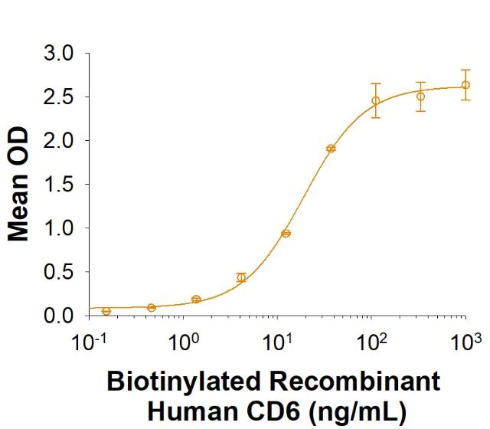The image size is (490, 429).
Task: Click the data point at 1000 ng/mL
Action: coord(465,85)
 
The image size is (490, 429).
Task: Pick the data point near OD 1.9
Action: coord(331,149)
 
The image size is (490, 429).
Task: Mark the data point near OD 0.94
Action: coord(286,233)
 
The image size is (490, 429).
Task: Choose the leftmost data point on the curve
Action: coord(106,311)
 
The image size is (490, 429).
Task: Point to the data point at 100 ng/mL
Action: coord(376,100)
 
